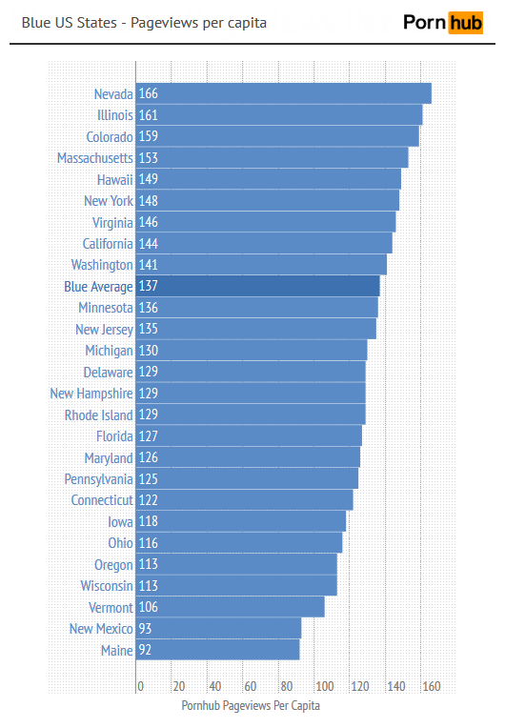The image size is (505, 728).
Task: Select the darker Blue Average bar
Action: [258, 286]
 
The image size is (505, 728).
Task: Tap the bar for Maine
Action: [218, 650]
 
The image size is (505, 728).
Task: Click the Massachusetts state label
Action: [94, 158]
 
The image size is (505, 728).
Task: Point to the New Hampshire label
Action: [91, 394]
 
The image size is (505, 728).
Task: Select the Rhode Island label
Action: [98, 415]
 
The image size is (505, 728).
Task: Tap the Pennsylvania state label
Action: [98, 478]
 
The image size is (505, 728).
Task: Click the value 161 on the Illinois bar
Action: [149, 115]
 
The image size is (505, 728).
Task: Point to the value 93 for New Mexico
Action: [146, 629]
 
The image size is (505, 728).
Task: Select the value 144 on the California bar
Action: [149, 244]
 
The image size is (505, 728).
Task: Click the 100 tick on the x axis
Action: [324, 686]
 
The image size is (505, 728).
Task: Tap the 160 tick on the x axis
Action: [432, 686]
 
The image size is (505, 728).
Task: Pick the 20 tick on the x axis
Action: [178, 686]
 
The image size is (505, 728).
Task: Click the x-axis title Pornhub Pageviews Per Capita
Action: [251, 706]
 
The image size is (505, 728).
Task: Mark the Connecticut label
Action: [102, 500]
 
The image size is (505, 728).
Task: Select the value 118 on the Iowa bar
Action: [149, 521]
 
